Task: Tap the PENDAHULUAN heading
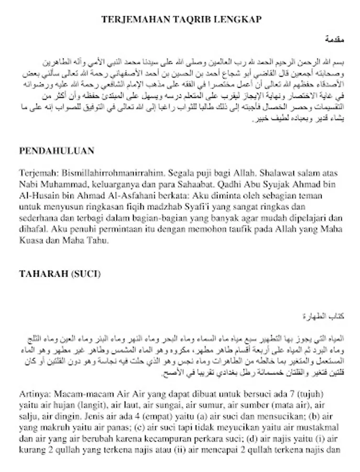[57, 151]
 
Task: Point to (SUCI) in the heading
[85, 274]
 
